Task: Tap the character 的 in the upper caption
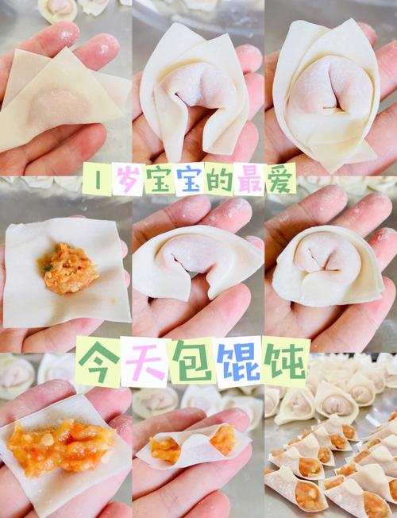218,180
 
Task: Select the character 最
250,180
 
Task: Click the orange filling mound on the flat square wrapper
67,269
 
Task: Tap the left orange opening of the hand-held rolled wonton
165,450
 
